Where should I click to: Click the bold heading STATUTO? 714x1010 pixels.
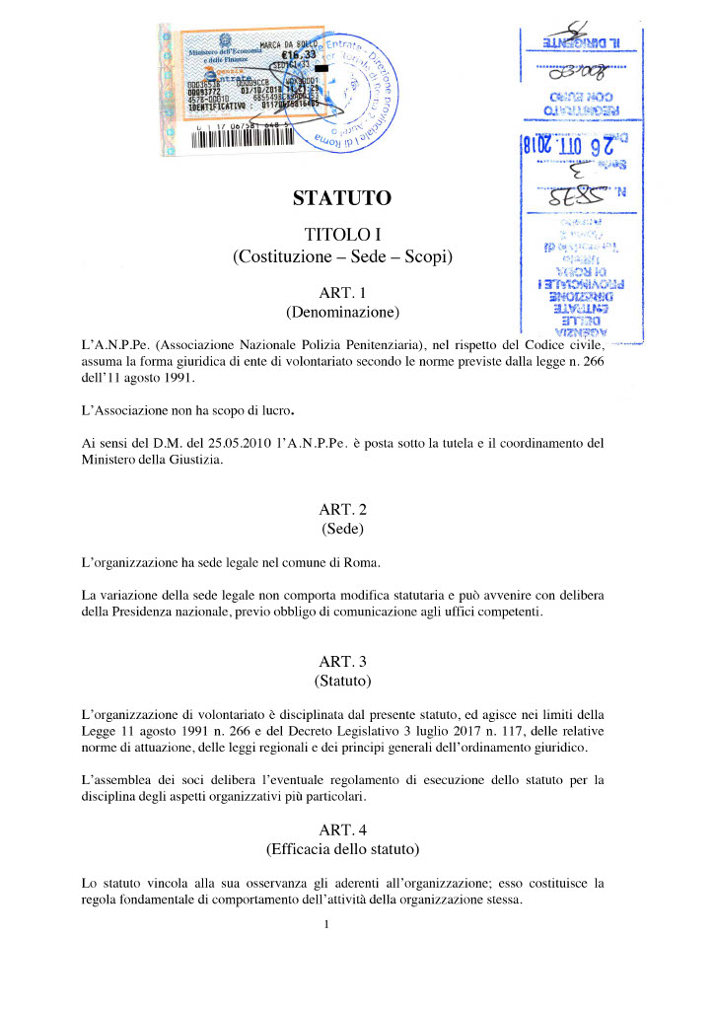pyautogui.click(x=342, y=199)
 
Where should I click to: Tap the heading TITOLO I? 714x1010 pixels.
pyautogui.click(x=342, y=235)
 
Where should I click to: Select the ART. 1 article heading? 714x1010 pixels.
pyautogui.click(x=342, y=293)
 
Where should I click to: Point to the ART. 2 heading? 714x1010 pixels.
pyautogui.click(x=342, y=509)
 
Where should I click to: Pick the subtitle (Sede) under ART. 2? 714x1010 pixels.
pyautogui.click(x=342, y=530)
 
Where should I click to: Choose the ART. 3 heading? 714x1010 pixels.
pyautogui.click(x=342, y=659)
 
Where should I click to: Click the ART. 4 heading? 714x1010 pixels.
pyautogui.click(x=342, y=828)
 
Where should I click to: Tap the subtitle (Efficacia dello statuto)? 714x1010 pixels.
pyautogui.click(x=342, y=848)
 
